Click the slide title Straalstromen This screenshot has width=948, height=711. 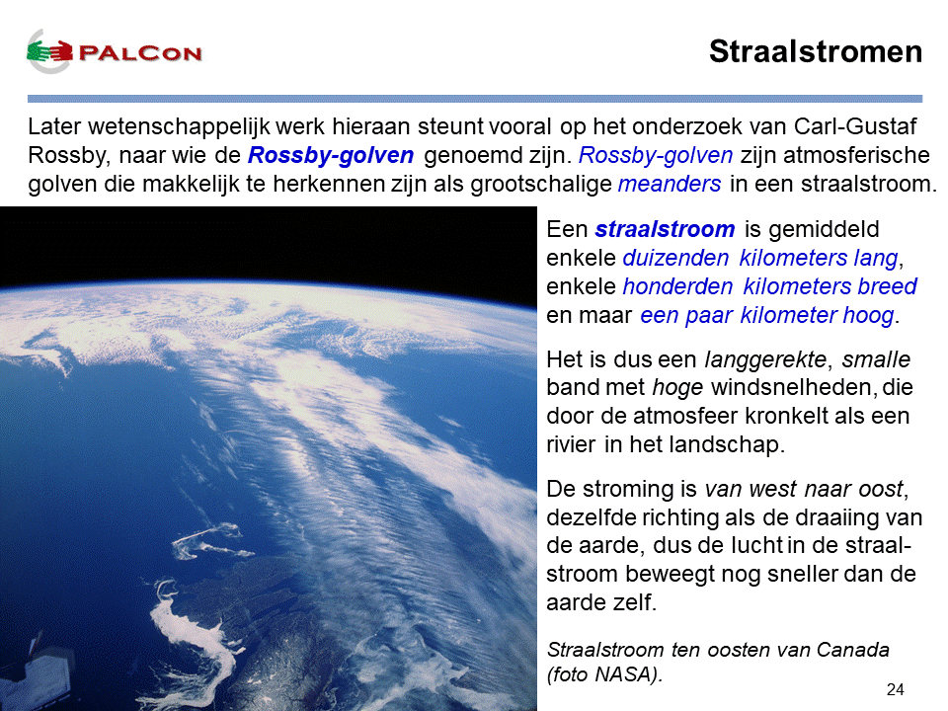click(816, 51)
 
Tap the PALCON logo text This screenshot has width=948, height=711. click(140, 53)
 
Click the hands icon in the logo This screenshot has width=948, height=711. click(49, 51)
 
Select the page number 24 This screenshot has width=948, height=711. click(896, 689)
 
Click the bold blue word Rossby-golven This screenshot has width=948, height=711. click(331, 155)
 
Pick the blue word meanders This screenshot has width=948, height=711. click(670, 184)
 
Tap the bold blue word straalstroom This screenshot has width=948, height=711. click(665, 229)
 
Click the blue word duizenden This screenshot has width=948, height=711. click(675, 258)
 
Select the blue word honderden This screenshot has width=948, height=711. click(677, 286)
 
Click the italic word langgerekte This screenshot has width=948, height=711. click(765, 359)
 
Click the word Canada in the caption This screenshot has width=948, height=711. click(852, 650)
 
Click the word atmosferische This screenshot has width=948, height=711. click(856, 155)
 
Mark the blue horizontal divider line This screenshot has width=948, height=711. click(475, 99)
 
